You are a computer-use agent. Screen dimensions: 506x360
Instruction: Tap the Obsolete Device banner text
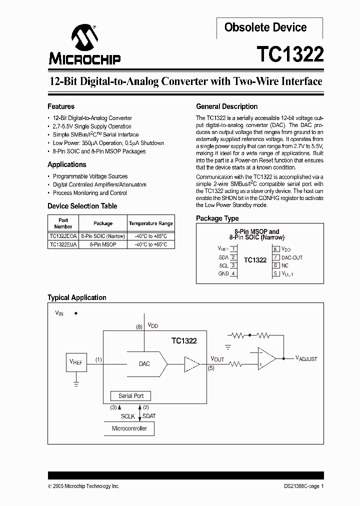coord(265,27)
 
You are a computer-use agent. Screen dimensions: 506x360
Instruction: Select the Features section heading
coord(61,106)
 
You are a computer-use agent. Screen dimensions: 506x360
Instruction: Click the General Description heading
coord(226,106)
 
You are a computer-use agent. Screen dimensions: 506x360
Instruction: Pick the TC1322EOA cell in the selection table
coord(63,236)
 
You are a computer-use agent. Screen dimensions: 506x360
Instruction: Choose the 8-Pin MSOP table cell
coord(103,244)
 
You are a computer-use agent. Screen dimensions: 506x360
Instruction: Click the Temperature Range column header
coord(150,223)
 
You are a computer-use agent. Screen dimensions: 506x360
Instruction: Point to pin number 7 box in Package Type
coord(275,257)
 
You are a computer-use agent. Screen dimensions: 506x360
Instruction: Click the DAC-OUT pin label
coord(292,257)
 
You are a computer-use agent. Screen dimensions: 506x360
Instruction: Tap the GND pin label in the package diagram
coord(223,273)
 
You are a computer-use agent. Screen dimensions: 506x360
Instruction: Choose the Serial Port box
coord(131,396)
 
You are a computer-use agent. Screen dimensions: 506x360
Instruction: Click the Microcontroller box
coord(129,428)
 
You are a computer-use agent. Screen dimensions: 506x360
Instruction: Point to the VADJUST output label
coord(306,358)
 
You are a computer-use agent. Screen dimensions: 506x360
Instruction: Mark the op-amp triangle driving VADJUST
coord(266,358)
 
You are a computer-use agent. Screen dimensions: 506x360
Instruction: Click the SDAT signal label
coord(149,416)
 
